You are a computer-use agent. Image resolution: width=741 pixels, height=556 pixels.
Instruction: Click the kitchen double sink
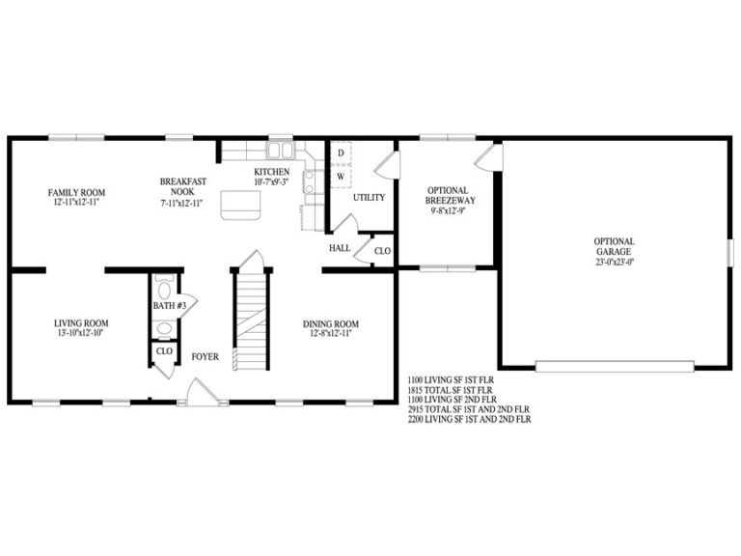click(x=281, y=151)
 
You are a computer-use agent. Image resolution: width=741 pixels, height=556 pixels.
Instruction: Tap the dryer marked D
click(x=341, y=153)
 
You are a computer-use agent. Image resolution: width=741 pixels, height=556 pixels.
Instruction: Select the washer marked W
click(x=341, y=176)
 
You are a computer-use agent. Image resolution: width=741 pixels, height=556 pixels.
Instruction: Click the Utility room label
click(x=369, y=197)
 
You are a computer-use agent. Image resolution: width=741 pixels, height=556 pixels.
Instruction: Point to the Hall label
click(x=340, y=248)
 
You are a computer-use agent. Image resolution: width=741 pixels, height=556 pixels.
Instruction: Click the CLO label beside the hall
click(x=382, y=251)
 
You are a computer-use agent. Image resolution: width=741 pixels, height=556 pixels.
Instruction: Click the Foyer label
click(x=205, y=356)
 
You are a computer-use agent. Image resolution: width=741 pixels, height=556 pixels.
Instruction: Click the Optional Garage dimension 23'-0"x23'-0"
click(x=614, y=260)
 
